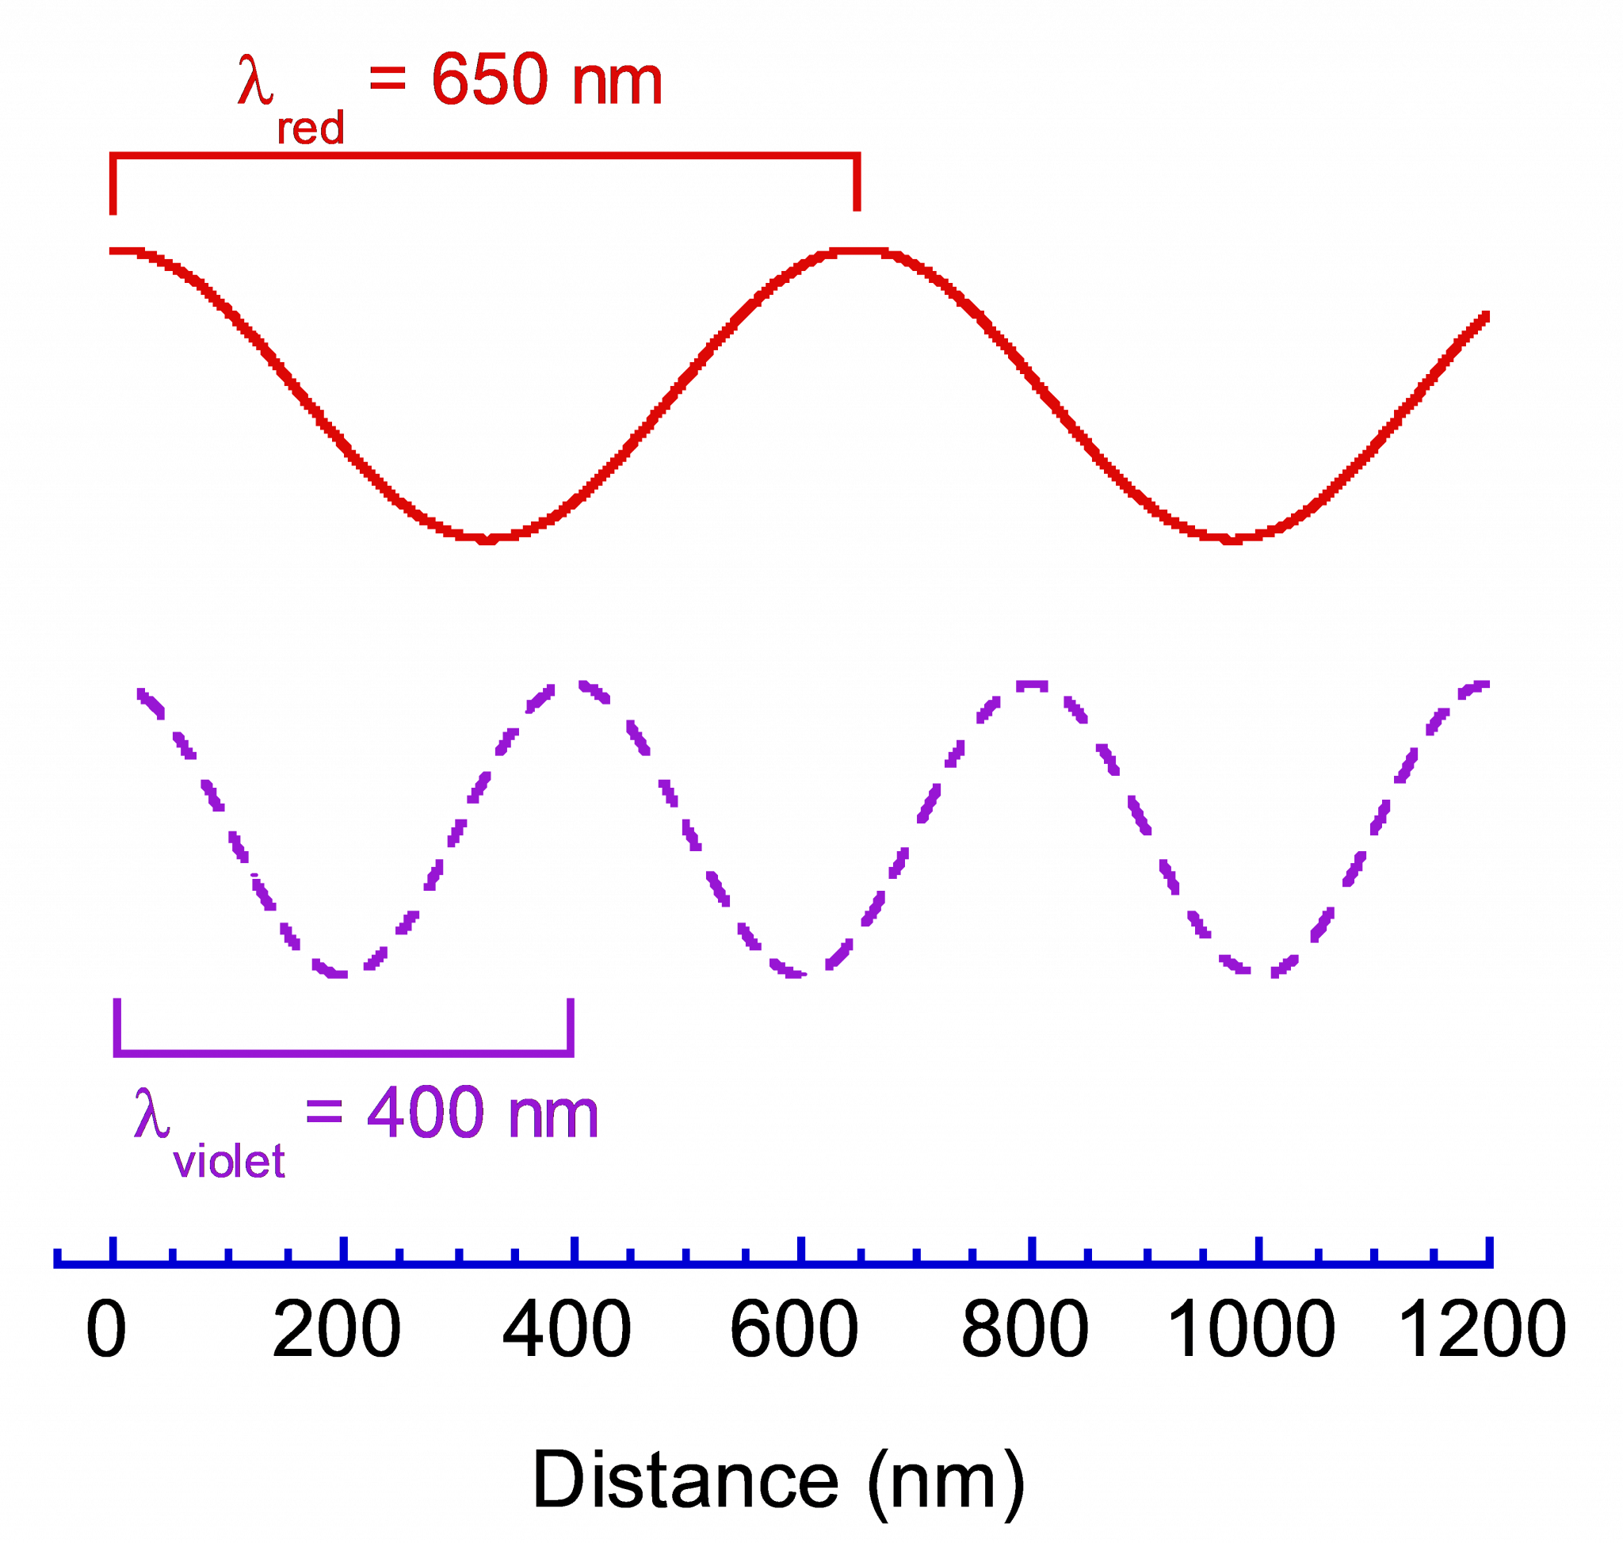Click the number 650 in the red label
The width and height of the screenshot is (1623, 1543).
tap(490, 80)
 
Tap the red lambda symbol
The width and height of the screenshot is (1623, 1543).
tap(255, 80)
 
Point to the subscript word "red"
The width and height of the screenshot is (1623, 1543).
tap(310, 129)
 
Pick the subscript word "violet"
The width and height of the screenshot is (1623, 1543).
tap(229, 1161)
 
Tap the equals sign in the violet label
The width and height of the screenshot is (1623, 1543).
tap(323, 1112)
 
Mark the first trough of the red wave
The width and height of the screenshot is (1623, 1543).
tap(485, 539)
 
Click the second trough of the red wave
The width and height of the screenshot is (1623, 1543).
tap(1231, 539)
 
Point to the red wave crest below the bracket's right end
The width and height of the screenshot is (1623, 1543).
tap(858, 250)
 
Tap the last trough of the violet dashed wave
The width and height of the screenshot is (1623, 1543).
tap(1259, 972)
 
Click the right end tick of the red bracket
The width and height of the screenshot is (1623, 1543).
tap(857, 182)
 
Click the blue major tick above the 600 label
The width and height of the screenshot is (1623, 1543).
tap(800, 1248)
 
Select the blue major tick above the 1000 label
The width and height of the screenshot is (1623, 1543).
tap(1258, 1248)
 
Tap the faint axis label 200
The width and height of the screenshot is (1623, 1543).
tap(337, 1328)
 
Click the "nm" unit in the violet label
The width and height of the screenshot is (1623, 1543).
tap(554, 1114)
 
